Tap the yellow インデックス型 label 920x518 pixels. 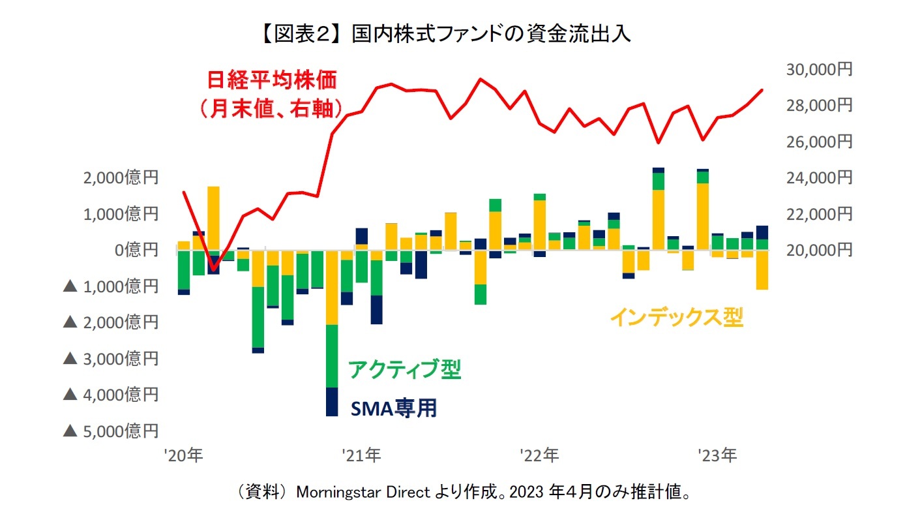(x=676, y=318)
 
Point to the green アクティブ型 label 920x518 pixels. (x=404, y=369)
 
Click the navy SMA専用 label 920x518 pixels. (x=393, y=408)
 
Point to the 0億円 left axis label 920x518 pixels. (x=136, y=250)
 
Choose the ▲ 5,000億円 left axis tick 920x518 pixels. (x=110, y=431)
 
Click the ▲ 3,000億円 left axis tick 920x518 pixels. (x=110, y=358)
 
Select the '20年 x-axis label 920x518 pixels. (x=185, y=455)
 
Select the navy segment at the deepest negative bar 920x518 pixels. (x=332, y=401)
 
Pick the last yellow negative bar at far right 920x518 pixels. (x=762, y=269)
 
